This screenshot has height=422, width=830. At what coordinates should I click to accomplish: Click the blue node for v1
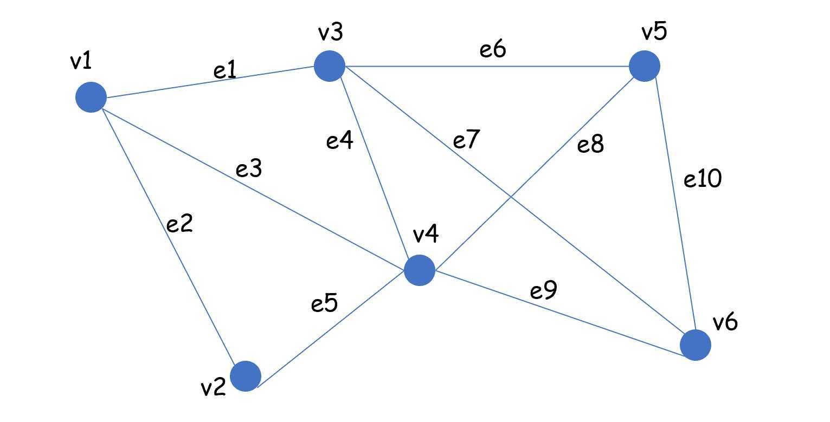tap(91, 98)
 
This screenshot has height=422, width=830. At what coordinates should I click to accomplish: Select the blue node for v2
tap(246, 375)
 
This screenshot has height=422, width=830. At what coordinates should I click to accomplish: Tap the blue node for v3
tap(330, 66)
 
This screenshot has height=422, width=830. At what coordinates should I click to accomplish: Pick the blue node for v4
tap(420, 270)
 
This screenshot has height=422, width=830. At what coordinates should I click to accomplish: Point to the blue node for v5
tap(644, 66)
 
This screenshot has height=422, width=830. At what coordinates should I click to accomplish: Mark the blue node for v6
tap(695, 345)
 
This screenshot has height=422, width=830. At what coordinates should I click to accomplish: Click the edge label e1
tap(225, 71)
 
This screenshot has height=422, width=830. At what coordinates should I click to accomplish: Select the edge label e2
tap(179, 223)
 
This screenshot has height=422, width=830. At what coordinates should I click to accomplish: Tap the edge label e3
tap(249, 169)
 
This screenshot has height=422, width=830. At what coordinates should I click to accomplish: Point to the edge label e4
tap(340, 141)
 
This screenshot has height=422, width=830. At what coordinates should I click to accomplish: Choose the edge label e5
tap(324, 304)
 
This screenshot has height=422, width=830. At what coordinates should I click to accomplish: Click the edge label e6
tap(493, 50)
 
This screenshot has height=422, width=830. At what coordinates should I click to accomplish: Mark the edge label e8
tap(590, 145)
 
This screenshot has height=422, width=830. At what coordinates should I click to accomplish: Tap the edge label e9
tap(544, 291)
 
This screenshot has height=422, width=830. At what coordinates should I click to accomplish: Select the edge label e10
tap(703, 179)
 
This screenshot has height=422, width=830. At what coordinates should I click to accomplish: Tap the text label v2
tap(213, 388)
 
